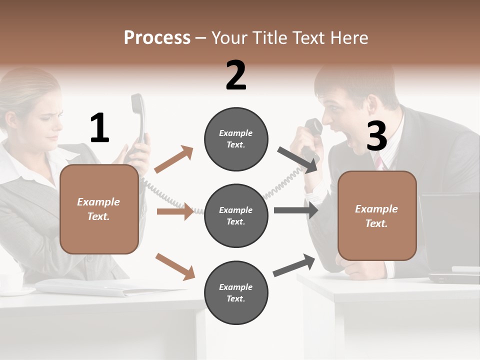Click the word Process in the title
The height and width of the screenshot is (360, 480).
point(157,38)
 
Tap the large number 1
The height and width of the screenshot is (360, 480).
point(99,128)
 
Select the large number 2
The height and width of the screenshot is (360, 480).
point(236,75)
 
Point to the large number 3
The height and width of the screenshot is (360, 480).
point(376,136)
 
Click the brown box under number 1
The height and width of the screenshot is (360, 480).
point(99,209)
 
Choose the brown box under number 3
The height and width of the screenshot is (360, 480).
point(377,215)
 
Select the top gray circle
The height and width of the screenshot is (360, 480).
point(236,139)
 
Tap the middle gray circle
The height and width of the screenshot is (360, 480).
point(236,215)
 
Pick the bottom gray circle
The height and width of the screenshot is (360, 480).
point(236,292)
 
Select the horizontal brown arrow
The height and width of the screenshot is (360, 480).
point(175,211)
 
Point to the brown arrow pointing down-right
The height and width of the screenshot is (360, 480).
point(175,266)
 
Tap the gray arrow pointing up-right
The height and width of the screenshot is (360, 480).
point(294,265)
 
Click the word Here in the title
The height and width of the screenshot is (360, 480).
point(350,38)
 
